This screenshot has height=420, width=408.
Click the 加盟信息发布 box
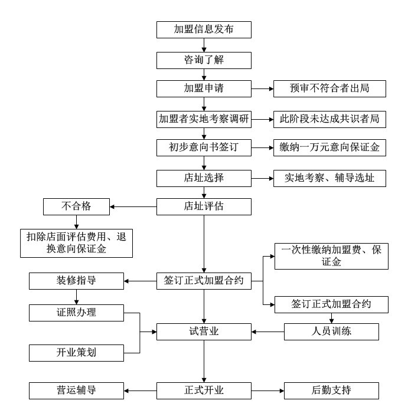point(204,29)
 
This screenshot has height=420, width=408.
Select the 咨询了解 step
point(204,60)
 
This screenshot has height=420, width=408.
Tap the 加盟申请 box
point(204,89)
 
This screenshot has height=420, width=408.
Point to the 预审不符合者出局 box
point(329,89)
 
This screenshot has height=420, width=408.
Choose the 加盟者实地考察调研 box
point(204,119)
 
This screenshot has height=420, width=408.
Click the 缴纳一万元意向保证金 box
point(329,148)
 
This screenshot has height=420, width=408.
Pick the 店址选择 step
point(204,178)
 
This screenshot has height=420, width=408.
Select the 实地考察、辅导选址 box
point(329,178)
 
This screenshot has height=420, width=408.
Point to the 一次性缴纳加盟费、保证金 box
point(332,256)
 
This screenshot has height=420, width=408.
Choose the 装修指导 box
point(77,281)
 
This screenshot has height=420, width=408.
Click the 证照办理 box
point(77,312)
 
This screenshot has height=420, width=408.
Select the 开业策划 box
point(77,353)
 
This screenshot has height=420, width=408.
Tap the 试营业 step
point(204,332)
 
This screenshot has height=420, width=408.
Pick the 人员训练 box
point(331,332)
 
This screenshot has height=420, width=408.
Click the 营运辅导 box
point(77,390)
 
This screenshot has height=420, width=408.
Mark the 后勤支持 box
point(331,390)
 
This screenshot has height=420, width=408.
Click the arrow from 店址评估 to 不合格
point(133,206)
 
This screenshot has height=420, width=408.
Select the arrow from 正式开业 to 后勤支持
point(267,390)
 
